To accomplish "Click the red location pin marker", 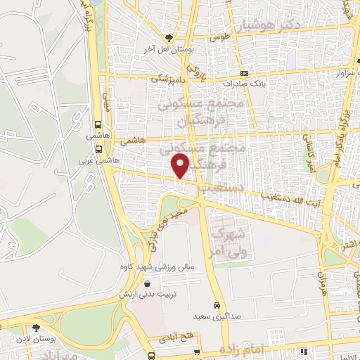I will coord(181,166).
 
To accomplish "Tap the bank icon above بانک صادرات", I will coord(244,72).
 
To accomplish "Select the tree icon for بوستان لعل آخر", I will coord(168,38).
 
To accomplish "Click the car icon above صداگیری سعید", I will coord(219,306).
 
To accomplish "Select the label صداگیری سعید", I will coord(218,317).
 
